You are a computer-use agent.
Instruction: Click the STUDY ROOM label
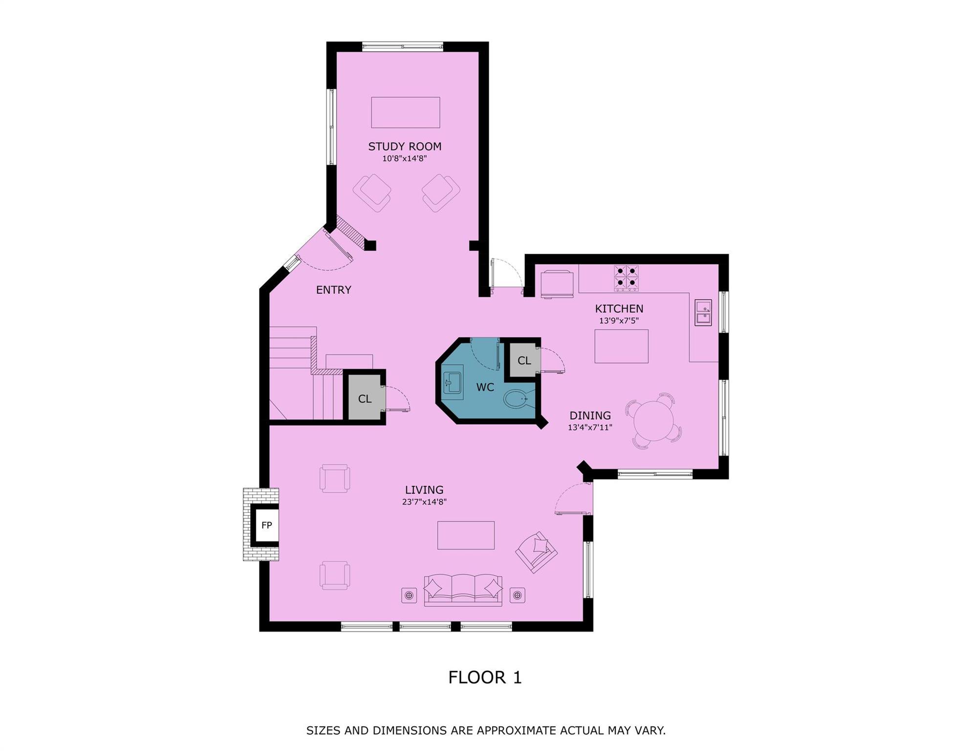[x=405, y=146]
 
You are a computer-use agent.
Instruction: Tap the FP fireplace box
[x=266, y=525]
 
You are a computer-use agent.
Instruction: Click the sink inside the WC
[x=452, y=382]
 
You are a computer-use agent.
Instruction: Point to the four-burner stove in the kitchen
[x=626, y=278]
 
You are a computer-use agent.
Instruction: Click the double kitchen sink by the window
[x=703, y=312]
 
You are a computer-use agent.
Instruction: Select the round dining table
[x=653, y=420]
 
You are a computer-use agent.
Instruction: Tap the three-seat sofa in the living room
[x=463, y=590]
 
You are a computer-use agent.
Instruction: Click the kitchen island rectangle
[x=621, y=346]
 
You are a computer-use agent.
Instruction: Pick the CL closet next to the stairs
[x=365, y=398]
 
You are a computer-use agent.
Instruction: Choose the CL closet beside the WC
[x=524, y=360]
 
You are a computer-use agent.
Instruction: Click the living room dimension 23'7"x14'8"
[x=424, y=502]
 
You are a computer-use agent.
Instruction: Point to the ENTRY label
[x=333, y=290]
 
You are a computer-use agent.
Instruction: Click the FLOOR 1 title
[x=485, y=677]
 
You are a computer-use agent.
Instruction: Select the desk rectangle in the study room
[x=405, y=112]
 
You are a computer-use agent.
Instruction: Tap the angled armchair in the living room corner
[x=537, y=552]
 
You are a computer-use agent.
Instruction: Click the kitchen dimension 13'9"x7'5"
[x=619, y=321]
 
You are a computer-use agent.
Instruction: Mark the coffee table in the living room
[x=466, y=535]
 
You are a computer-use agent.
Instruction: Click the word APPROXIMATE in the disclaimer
[x=516, y=730]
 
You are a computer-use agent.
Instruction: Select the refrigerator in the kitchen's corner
[x=557, y=284]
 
